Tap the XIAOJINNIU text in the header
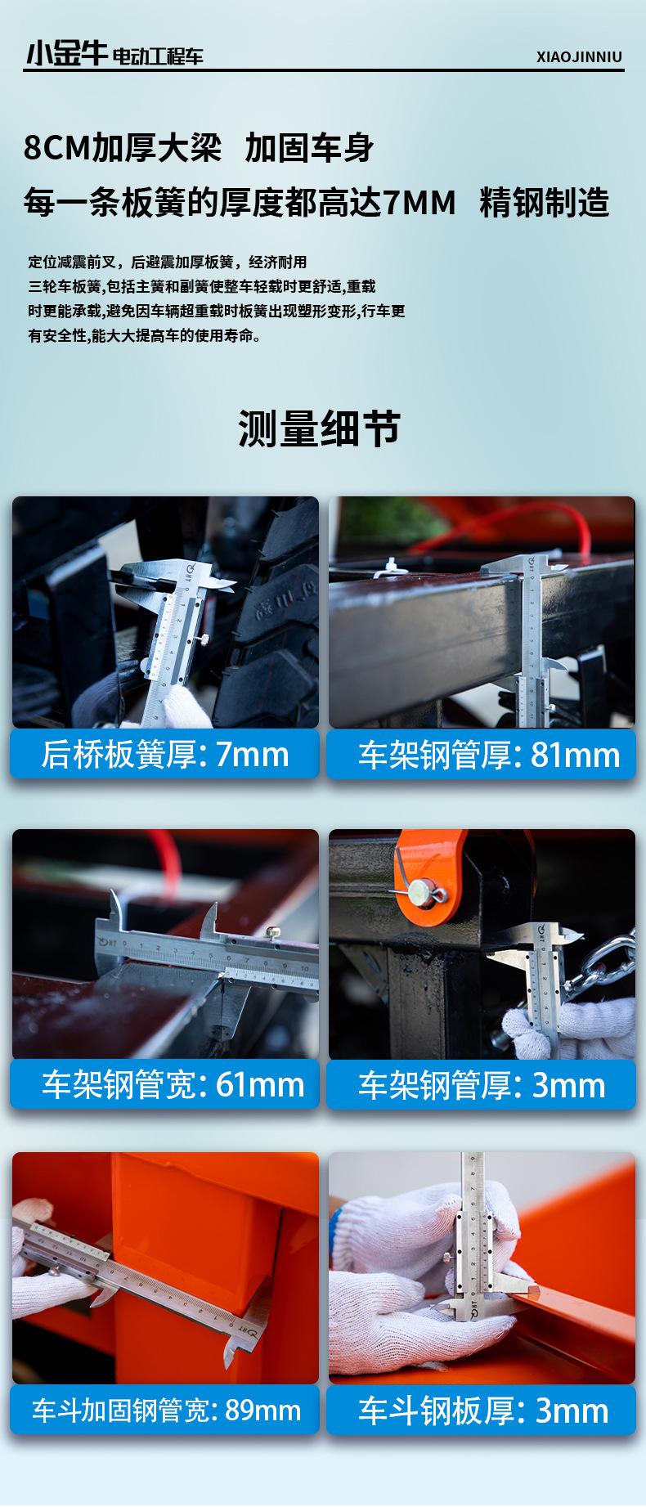(x=579, y=57)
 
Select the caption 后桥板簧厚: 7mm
(x=165, y=754)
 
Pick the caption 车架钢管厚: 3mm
(x=482, y=1086)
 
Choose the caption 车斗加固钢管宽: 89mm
(x=165, y=1410)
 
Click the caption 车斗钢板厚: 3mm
(x=482, y=1410)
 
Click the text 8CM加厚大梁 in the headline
(x=123, y=149)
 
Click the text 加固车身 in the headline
(x=309, y=149)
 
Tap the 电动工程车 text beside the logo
(x=157, y=56)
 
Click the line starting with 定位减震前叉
(x=168, y=262)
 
